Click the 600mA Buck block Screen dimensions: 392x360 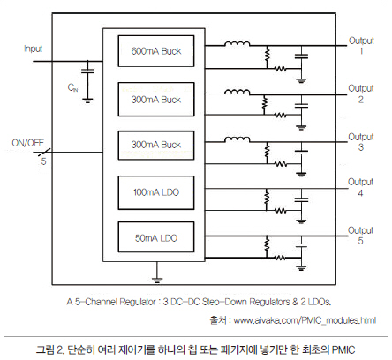(x=156, y=51)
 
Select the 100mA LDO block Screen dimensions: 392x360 (x=156, y=192)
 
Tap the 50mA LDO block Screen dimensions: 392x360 (x=156, y=237)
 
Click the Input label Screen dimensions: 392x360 (x=33, y=49)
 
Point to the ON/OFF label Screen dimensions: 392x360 (x=27, y=143)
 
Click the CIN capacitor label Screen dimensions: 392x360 (x=72, y=87)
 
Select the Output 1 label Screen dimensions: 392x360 (x=361, y=46)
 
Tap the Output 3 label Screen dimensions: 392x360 (x=361, y=142)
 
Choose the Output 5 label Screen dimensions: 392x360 (x=360, y=236)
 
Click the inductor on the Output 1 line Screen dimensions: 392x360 (x=237, y=44)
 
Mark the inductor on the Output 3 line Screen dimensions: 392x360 (x=237, y=139)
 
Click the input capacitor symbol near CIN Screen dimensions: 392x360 (x=87, y=71)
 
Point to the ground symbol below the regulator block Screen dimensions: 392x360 (x=157, y=280)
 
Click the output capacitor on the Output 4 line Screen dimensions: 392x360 (x=301, y=199)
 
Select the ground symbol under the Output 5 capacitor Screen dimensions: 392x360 (x=301, y=268)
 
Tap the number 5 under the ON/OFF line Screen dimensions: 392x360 (x=43, y=161)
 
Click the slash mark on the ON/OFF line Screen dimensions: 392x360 (x=45, y=153)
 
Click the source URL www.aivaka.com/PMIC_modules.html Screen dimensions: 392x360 (x=305, y=320)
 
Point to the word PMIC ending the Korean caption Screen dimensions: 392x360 (x=343, y=349)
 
